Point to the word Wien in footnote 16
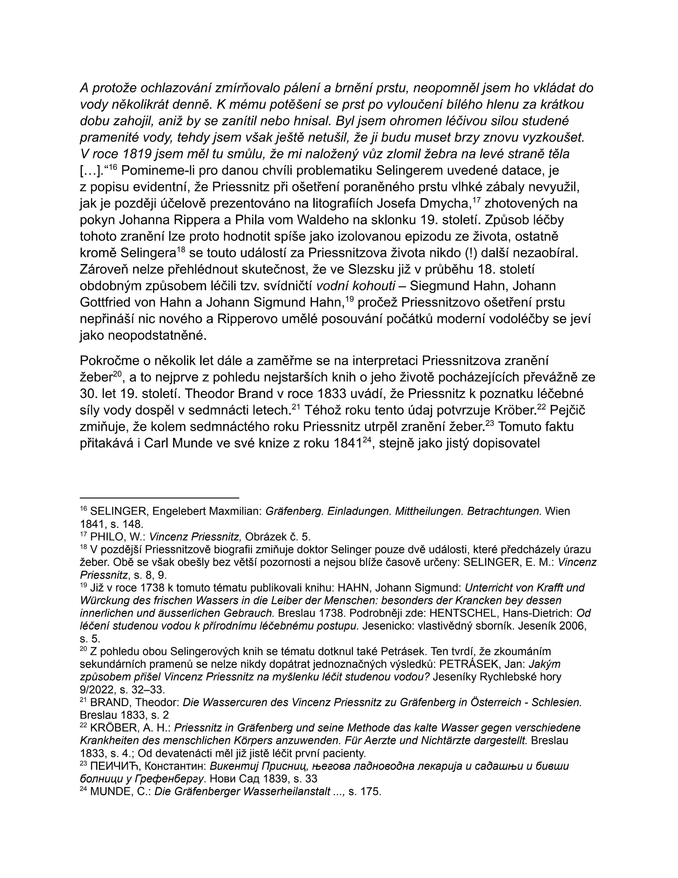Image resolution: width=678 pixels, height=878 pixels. click(557, 511)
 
